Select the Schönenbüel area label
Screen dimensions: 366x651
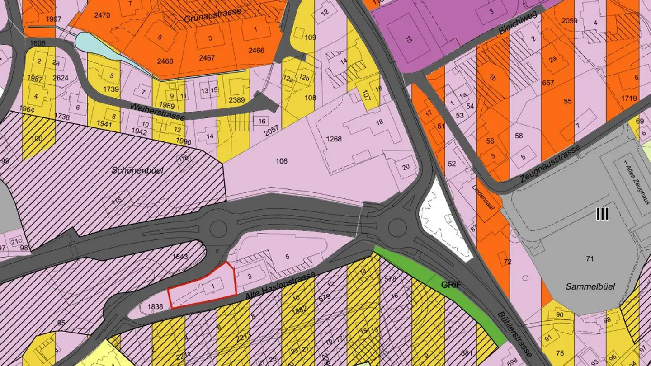[x=137, y=171]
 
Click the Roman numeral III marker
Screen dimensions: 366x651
[x=603, y=214]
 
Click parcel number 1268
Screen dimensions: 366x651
[x=334, y=139]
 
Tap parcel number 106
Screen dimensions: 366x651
[x=281, y=161]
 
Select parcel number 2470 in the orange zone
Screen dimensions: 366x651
[x=102, y=15]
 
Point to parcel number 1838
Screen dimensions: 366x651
[x=155, y=306]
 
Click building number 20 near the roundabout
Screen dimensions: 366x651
[x=406, y=166]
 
